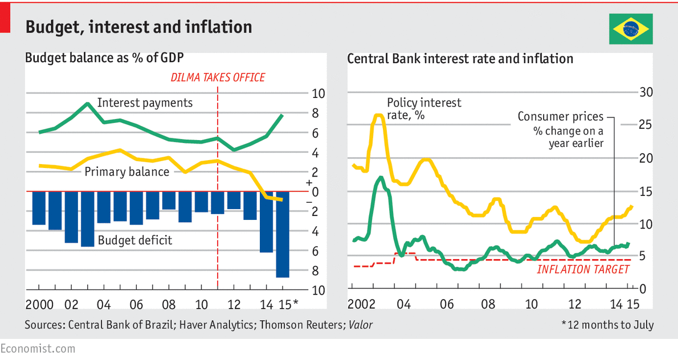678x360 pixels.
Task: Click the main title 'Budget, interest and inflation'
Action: [139, 27]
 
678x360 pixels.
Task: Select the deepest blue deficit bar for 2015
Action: [283, 235]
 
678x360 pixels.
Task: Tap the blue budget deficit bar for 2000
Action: [39, 208]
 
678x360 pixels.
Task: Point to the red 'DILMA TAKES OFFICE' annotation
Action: [219, 77]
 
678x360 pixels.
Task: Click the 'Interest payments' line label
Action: [145, 103]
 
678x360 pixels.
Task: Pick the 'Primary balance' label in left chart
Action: [126, 171]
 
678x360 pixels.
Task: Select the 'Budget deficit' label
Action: [135, 240]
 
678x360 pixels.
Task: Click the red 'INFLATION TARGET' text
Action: [583, 269]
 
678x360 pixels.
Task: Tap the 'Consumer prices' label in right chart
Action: [560, 117]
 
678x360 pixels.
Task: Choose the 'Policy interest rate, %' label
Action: [424, 109]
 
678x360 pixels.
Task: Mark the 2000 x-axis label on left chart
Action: [39, 304]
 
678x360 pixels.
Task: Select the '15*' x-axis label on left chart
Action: [287, 304]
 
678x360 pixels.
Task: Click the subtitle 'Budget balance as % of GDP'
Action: [104, 58]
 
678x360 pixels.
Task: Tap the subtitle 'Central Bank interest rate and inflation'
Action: [460, 58]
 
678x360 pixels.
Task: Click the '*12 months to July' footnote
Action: [607, 325]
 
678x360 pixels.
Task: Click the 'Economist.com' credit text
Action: [38, 348]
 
